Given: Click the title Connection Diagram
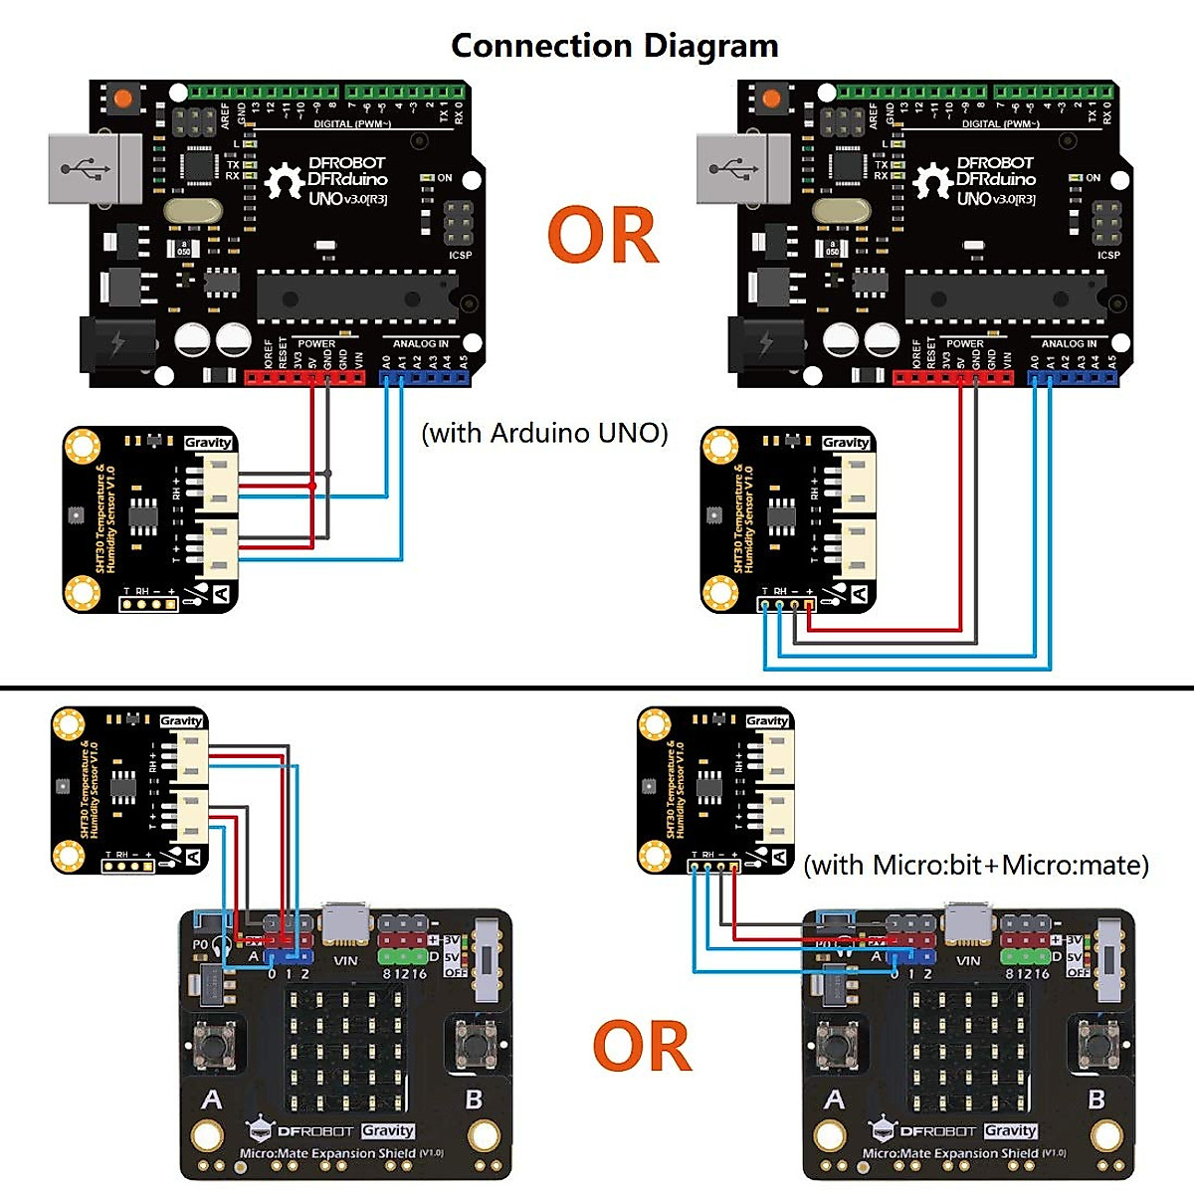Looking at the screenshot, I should (614, 46).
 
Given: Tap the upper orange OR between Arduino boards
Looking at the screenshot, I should (603, 236).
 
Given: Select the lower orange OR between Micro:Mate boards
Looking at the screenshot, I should (642, 1047).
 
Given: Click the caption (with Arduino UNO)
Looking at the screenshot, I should (544, 433).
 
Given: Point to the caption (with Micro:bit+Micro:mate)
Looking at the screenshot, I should (975, 865).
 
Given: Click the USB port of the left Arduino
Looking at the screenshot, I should (95, 169).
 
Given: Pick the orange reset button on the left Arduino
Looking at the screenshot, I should (122, 99).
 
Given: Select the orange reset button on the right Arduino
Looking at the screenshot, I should (771, 99).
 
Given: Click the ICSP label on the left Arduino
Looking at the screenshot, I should (460, 256).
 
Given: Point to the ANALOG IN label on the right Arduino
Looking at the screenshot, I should (1069, 344).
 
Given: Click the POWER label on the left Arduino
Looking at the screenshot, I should (316, 344).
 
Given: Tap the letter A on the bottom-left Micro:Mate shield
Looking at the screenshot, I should (212, 1099).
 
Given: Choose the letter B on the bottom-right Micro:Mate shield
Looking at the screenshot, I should (1096, 1099).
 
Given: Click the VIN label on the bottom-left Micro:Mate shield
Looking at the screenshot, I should (345, 961).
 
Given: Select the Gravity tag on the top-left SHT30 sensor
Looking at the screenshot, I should (208, 443).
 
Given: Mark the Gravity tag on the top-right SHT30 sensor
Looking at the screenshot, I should (846, 443).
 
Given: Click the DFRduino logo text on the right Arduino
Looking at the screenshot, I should (995, 179).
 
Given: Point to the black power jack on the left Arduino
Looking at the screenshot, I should (117, 343).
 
